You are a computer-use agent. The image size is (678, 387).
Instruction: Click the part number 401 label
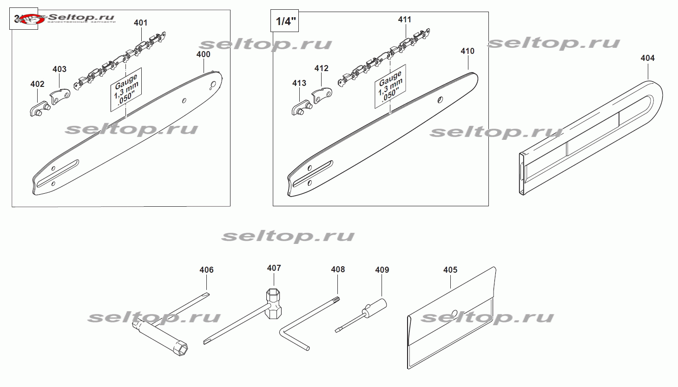pyautogui.click(x=140, y=22)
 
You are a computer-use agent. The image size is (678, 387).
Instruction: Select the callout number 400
pyautogui.click(x=203, y=54)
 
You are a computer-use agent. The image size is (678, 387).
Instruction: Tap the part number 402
pyautogui.click(x=37, y=84)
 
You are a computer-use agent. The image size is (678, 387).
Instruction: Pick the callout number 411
pyautogui.click(x=405, y=20)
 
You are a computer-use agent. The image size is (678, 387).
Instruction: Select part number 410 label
pyautogui.click(x=467, y=51)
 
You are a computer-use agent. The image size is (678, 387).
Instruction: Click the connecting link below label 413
pyautogui.click(x=302, y=108)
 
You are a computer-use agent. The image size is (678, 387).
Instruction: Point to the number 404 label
pyautogui.click(x=647, y=58)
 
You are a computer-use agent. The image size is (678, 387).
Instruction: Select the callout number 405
pyautogui.click(x=450, y=270)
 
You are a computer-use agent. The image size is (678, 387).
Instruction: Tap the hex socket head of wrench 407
pyautogui.click(x=273, y=297)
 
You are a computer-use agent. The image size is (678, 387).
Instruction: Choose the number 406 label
pyautogui.click(x=206, y=270)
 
